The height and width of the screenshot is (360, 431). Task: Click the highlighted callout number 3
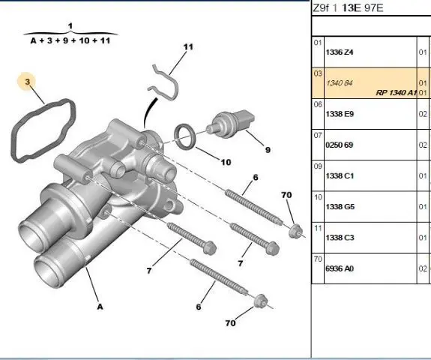pyautogui.click(x=27, y=82)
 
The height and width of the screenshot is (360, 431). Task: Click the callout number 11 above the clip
pyautogui.click(x=188, y=47)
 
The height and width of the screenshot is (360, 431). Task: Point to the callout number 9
pyautogui.click(x=268, y=150)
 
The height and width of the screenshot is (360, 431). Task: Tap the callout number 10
pyautogui.click(x=226, y=162)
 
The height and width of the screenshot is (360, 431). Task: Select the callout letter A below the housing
pyautogui.click(x=100, y=307)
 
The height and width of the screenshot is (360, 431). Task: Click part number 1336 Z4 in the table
pyautogui.click(x=340, y=52)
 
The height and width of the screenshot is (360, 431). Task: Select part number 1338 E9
pyautogui.click(x=340, y=114)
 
